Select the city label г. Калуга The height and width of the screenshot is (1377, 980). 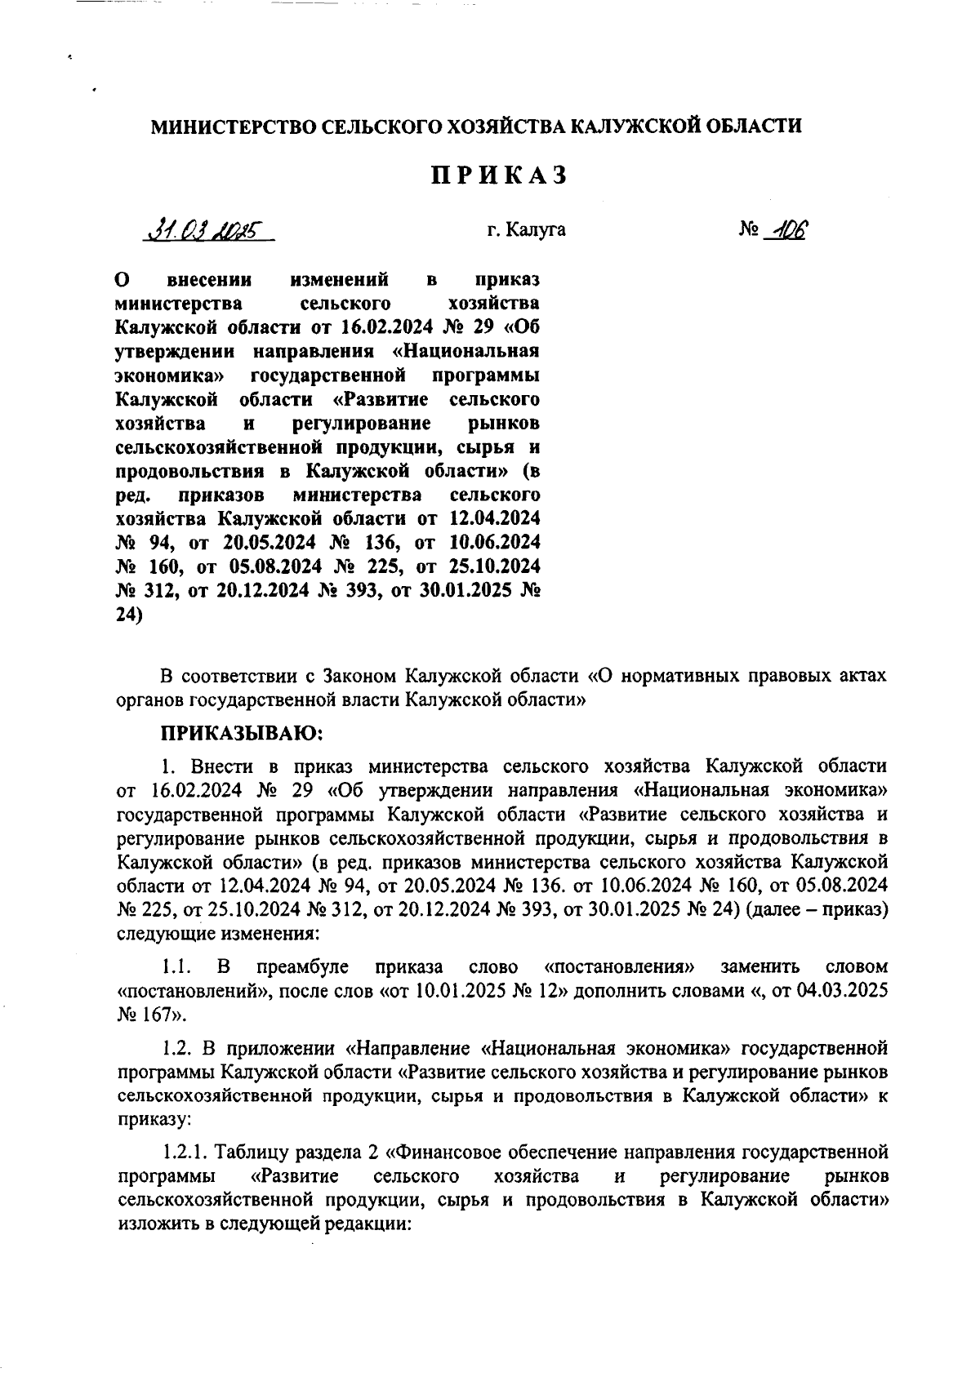coord(526,230)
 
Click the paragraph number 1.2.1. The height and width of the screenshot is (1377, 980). coord(187,1153)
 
